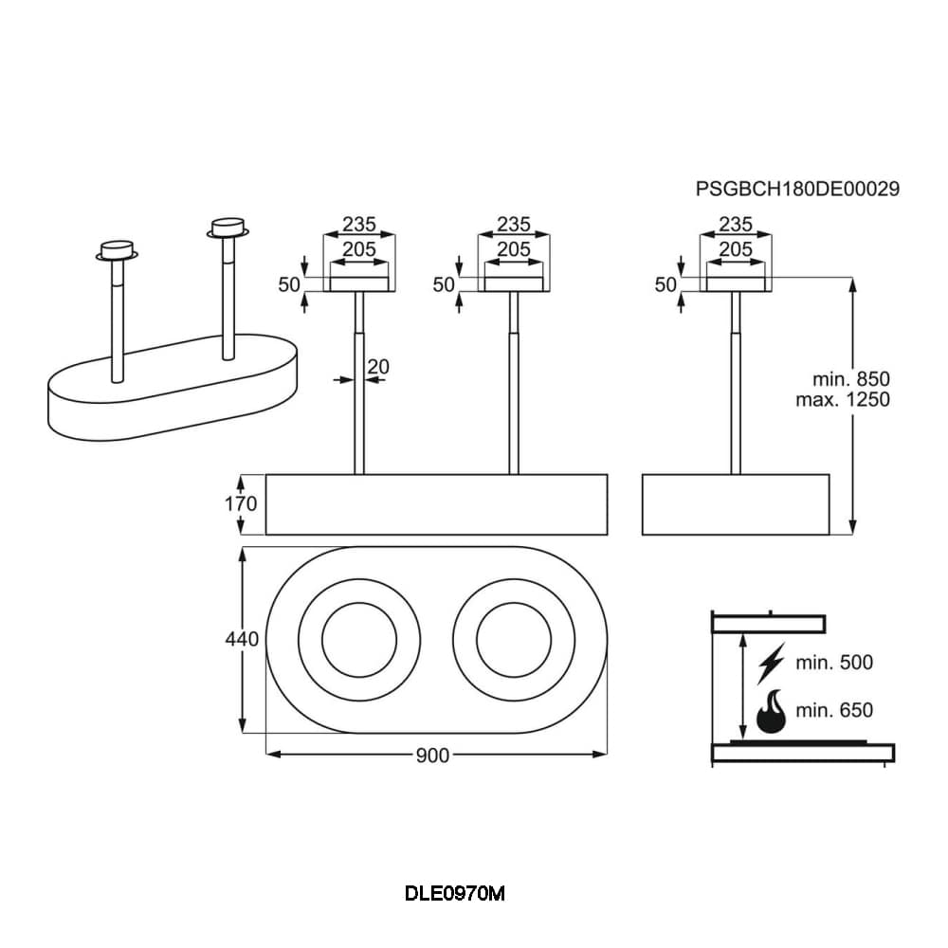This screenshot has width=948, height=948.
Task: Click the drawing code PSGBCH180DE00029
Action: point(797,189)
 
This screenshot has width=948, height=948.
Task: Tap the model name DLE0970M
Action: point(455,893)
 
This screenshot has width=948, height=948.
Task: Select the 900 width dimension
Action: point(431,755)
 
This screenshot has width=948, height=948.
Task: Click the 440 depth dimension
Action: point(242,640)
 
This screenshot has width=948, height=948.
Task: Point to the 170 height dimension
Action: point(241,504)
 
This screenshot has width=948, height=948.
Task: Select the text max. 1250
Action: point(843,399)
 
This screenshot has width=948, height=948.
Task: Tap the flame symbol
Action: point(770,711)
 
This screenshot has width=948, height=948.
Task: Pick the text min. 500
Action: point(834,662)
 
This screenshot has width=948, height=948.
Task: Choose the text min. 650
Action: point(834,710)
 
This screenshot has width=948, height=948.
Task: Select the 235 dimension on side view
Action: point(736,225)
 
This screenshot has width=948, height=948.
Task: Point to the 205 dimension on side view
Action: point(736,248)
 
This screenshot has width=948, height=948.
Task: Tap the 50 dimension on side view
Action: point(665,284)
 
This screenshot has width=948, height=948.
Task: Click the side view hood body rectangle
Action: point(736,504)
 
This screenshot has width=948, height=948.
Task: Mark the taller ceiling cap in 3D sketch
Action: point(228,228)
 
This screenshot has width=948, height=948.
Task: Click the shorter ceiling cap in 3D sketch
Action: point(118,249)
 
